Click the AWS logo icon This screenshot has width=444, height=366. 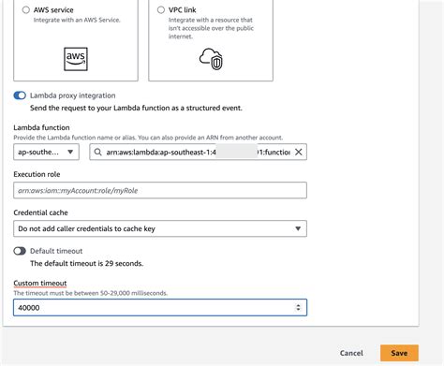[x=76, y=59]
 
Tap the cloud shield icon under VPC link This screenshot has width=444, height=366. [x=214, y=59]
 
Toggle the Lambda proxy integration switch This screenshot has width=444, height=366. [x=20, y=95]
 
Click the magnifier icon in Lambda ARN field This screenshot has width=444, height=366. [x=96, y=152]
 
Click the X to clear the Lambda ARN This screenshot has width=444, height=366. [x=299, y=152]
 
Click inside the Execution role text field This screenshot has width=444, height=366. [x=160, y=190]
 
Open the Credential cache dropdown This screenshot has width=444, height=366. [x=160, y=228]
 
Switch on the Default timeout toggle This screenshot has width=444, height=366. [x=20, y=251]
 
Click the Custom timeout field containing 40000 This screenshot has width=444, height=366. [x=150, y=307]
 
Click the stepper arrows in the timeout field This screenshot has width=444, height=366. [x=299, y=307]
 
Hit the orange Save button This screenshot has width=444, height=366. [x=399, y=353]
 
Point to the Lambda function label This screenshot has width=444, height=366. [x=41, y=126]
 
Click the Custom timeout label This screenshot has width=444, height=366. [x=40, y=283]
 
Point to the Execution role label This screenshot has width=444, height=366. [x=37, y=175]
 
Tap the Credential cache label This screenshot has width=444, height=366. [x=40, y=213]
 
